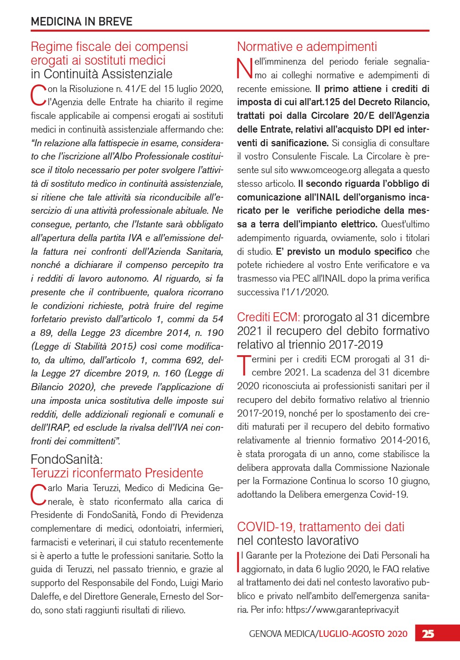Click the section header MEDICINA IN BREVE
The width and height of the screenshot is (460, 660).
click(81, 21)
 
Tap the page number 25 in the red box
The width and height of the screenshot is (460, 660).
click(428, 634)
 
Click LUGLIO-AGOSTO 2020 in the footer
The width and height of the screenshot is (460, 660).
click(363, 634)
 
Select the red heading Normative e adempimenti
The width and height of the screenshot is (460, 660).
click(307, 47)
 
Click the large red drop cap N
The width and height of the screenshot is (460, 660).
click(245, 69)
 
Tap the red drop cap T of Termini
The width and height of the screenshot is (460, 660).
click(244, 366)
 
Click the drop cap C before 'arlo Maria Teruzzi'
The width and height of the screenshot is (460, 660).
click(38, 495)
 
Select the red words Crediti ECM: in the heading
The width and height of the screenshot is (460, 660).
click(268, 317)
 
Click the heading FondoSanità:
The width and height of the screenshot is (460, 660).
click(67, 459)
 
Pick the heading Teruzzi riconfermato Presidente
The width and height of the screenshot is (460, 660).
click(117, 473)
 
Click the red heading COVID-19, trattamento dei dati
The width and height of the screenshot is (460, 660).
click(321, 526)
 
